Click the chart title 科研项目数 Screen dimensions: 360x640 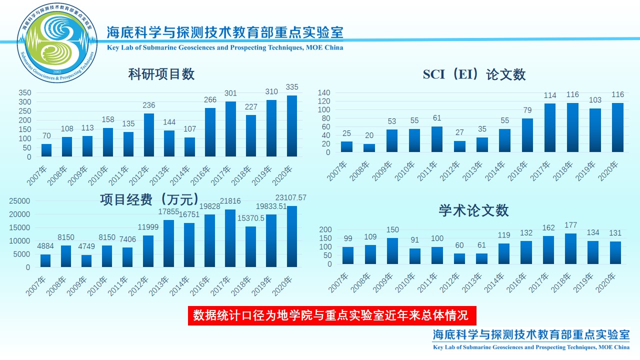[x=161, y=74]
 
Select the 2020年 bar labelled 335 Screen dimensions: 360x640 [x=292, y=126]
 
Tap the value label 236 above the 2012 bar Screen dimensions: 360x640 [x=148, y=105]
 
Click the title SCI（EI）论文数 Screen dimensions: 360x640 [x=474, y=74]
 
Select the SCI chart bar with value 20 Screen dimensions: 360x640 [x=369, y=148]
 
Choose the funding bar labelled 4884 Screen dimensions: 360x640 [x=45, y=260]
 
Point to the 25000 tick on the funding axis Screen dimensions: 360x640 [x=21, y=201]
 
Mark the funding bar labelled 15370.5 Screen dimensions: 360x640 [x=251, y=246]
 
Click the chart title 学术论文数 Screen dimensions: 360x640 [x=473, y=210]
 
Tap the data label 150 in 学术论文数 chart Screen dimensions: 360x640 [x=393, y=230]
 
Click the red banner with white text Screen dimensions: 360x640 [x=332, y=315]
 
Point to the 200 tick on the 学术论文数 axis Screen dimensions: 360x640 [x=325, y=229]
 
